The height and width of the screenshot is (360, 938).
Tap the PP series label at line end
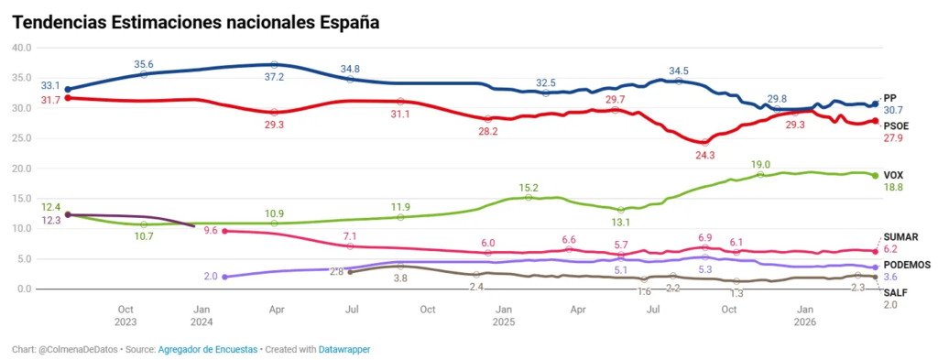click(x=889, y=97)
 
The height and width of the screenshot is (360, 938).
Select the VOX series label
click(x=893, y=174)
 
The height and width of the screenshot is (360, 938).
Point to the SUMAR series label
click(x=900, y=237)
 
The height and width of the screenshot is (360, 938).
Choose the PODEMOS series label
click(x=907, y=264)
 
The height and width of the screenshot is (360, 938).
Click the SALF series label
click(x=895, y=292)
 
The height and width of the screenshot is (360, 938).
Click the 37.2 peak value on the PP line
click(x=274, y=78)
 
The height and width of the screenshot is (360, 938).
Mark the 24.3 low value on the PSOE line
click(x=705, y=155)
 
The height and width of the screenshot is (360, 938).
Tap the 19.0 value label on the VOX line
click(x=760, y=164)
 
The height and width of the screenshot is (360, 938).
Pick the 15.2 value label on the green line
click(x=529, y=187)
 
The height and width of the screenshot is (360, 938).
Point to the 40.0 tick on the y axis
click(x=20, y=48)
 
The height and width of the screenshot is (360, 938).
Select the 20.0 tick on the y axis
click(x=20, y=169)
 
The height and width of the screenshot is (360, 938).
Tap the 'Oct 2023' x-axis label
click(x=126, y=316)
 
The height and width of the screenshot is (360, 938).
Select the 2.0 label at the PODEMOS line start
click(x=210, y=276)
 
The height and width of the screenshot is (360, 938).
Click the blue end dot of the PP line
click(x=875, y=104)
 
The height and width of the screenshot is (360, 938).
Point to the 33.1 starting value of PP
click(x=50, y=84)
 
